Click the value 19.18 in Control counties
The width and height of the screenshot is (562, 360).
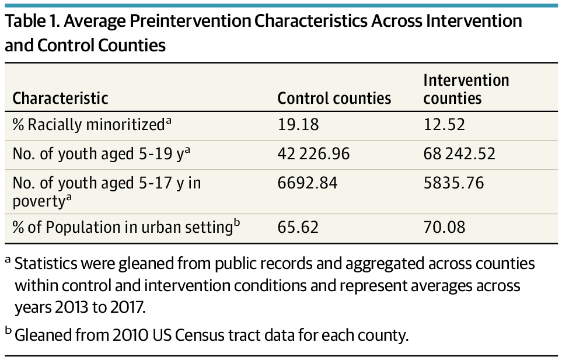point(298,124)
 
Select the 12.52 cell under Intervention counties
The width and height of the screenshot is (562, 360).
point(444,124)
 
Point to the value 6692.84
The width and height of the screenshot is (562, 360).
point(308,183)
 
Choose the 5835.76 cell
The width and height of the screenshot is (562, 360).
point(453,183)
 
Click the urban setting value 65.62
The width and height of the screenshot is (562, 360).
point(298,226)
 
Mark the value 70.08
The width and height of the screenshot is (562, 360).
point(445,226)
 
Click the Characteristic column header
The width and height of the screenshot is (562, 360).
point(61,98)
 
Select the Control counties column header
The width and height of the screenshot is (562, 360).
point(334,98)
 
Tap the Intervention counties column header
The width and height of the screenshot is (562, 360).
point(466,89)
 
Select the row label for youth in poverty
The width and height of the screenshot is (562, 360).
point(107,191)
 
